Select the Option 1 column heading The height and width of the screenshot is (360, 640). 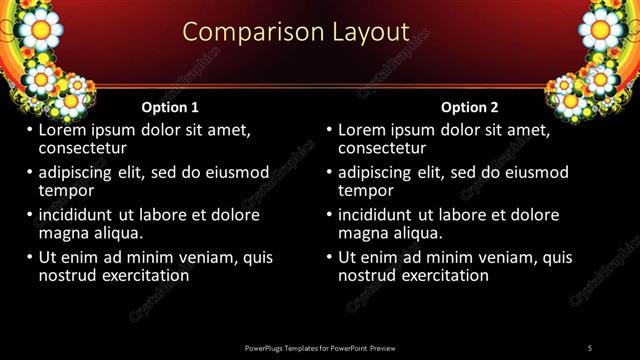[170, 107]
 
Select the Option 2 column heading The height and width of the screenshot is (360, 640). [470, 107]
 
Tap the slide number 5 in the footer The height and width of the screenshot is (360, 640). [590, 347]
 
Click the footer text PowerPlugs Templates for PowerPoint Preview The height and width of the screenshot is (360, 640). [319, 347]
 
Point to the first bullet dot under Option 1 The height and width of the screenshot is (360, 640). [29, 130]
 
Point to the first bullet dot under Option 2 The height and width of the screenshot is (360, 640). [329, 130]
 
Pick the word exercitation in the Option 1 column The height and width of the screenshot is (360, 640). [142, 275]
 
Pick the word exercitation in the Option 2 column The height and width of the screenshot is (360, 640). [442, 275]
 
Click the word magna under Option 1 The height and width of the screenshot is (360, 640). [63, 233]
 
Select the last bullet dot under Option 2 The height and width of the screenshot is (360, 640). [329, 257]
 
